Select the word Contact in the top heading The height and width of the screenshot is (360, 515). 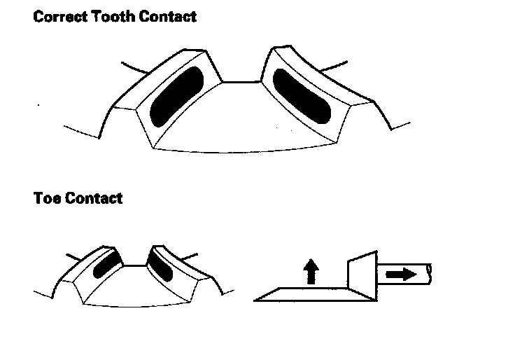point(167,16)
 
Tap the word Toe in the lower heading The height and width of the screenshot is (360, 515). point(47,198)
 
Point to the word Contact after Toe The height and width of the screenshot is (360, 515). point(94,198)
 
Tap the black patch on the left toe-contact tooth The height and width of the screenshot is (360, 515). point(107,265)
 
